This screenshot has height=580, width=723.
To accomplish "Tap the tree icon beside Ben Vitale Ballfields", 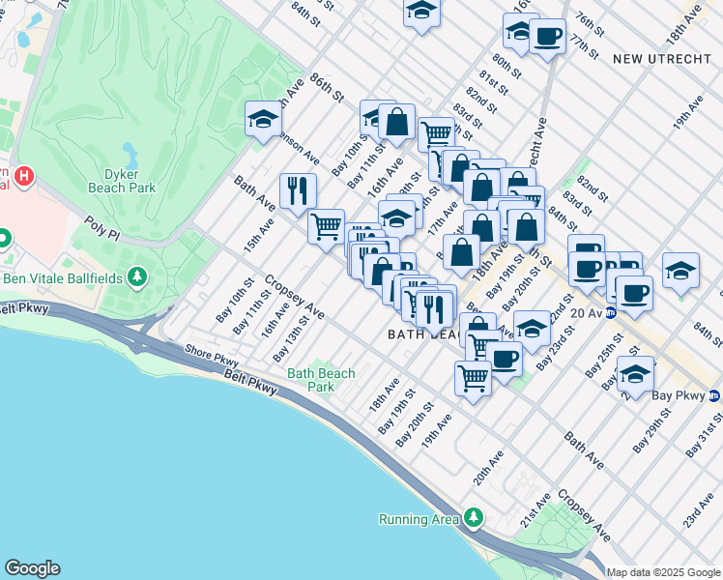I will click(137, 277).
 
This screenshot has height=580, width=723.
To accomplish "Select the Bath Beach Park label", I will click(321, 380).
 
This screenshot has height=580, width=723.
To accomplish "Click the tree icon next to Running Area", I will click(473, 518).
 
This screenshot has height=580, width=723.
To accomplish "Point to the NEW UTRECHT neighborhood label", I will click(653, 59).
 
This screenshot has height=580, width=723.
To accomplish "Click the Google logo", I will click(32, 568).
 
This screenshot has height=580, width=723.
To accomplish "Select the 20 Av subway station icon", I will click(611, 312).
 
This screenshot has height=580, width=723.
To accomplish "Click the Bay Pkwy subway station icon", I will click(713, 395).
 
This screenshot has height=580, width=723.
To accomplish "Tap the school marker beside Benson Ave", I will click(263, 119).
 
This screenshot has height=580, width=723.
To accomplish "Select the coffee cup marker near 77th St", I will click(548, 37).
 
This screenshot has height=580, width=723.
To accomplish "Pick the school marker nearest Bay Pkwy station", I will click(636, 373).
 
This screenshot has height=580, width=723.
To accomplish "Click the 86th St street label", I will click(327, 96).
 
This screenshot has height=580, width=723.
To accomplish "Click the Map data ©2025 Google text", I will click(663, 571).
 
